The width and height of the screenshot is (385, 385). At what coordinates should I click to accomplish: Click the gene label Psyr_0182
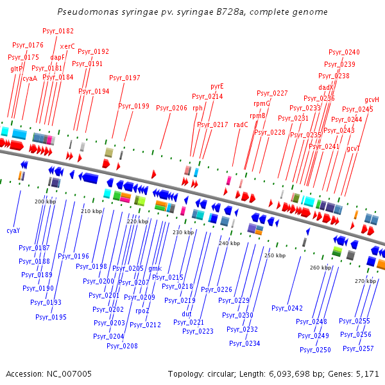58,31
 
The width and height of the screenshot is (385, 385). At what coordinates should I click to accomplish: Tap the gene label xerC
67,46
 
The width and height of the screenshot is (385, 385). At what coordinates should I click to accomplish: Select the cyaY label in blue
13,230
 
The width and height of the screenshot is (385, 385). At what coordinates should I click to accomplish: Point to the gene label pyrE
217,86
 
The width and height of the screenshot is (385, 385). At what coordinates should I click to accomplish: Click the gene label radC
241,124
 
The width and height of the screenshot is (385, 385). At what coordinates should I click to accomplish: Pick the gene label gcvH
372,99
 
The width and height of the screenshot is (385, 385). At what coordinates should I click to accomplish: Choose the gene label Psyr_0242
287,308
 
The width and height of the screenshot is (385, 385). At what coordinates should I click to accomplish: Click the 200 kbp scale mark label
45,201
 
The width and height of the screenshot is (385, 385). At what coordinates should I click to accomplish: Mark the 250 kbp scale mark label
274,255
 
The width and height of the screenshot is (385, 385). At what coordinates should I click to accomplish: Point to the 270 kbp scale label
364,281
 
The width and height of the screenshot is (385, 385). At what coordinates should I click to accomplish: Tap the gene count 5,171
366,373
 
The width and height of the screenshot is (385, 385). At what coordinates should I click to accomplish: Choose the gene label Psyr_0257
357,348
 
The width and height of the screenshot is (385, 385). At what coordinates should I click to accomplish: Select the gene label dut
187,314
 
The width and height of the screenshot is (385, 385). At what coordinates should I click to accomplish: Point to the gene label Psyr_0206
171,108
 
